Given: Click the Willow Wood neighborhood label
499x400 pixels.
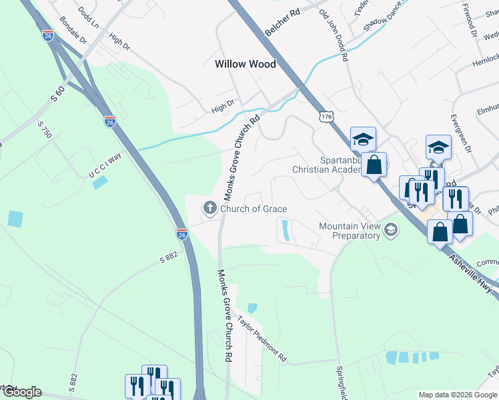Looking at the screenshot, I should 245,65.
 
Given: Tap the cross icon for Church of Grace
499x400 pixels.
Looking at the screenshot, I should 209,209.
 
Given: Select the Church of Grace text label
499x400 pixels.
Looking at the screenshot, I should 254,209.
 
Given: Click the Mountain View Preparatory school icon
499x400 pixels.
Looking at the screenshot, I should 392,231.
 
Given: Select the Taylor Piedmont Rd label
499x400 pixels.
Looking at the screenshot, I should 262,339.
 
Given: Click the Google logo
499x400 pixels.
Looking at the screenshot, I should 21,392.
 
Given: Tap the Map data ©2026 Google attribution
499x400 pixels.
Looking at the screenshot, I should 457,395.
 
